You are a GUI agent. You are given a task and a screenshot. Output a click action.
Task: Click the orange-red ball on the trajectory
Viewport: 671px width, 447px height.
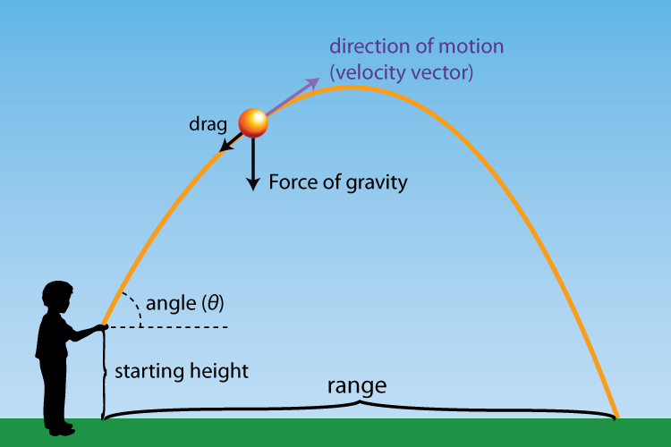[x=253, y=122]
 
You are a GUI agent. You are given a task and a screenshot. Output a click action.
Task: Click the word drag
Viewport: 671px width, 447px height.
[x=207, y=123]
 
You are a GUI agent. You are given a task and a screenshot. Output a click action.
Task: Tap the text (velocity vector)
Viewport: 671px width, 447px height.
[x=400, y=73]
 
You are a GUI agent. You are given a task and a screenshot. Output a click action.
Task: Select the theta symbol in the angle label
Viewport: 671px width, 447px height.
[x=211, y=304]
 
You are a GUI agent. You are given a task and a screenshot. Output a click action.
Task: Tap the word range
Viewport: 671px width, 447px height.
[x=357, y=387]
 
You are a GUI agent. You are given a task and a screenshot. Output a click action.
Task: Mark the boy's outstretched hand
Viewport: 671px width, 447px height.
[x=102, y=328]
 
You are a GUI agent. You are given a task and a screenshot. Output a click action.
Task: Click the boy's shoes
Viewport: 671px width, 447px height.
[x=61, y=430]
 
